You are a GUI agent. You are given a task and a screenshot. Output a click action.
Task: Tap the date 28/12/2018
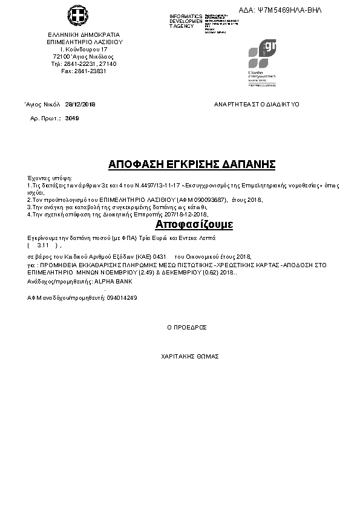[x=80, y=104]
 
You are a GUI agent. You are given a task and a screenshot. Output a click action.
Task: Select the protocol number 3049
[x=72, y=118]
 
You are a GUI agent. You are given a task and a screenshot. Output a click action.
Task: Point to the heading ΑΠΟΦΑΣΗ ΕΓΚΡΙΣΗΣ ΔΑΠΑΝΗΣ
[x=192, y=164]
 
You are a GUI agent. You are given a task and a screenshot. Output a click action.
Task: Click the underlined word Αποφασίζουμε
[x=186, y=225]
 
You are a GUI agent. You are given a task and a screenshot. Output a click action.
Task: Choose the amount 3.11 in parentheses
[x=43, y=246]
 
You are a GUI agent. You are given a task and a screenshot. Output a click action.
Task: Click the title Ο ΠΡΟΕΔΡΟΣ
[x=186, y=327]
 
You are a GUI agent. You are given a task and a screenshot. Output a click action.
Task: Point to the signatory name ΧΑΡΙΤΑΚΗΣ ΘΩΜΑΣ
[x=189, y=356]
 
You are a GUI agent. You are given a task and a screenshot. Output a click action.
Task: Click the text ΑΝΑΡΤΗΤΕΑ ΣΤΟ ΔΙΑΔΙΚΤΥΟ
[x=257, y=104]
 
